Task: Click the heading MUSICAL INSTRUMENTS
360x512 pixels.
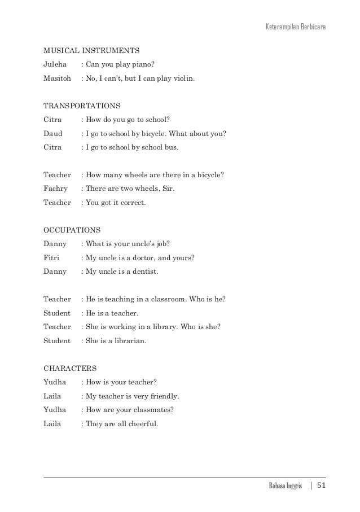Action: [x=91, y=50]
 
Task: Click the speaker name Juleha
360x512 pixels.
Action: [x=55, y=65]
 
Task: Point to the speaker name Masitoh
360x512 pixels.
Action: [x=58, y=78]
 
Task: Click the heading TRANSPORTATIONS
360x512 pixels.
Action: [x=82, y=106]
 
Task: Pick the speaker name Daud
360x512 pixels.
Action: [x=53, y=133]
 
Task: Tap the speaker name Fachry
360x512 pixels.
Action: [x=55, y=189]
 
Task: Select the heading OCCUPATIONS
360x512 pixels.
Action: [x=72, y=230]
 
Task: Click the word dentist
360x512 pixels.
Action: [x=146, y=272]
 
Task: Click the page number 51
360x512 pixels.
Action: [x=321, y=486]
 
